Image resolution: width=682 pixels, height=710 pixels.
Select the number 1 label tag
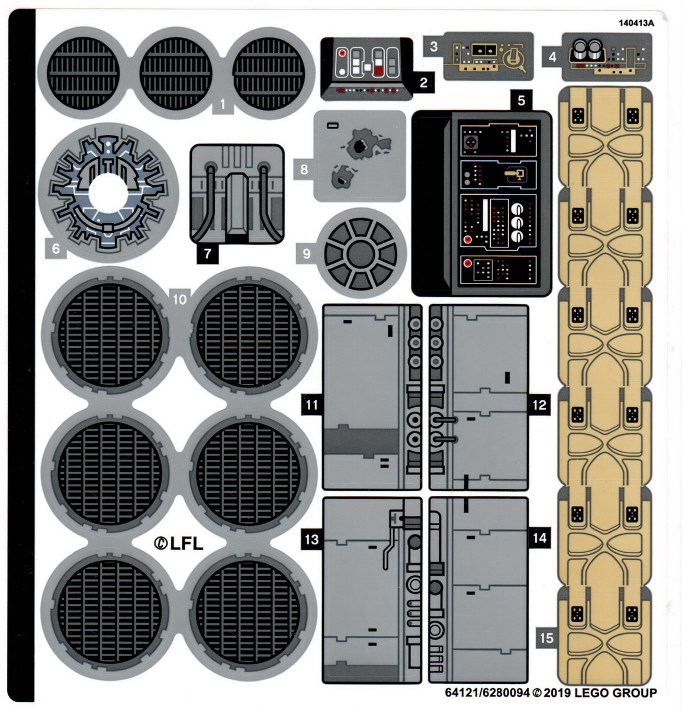222,105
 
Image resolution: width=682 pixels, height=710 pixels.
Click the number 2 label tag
423,82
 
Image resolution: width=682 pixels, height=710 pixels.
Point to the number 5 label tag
521,100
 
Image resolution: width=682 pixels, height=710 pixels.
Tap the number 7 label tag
207,254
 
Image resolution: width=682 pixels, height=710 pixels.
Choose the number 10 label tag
179,299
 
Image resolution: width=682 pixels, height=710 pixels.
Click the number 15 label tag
546,638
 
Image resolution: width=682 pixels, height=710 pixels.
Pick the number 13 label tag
311,539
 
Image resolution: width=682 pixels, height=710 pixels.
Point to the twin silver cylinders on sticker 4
586,49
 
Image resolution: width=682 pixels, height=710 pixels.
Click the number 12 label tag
539,405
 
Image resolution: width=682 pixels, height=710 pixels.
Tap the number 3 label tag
434,46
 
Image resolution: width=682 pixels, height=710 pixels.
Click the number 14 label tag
539,538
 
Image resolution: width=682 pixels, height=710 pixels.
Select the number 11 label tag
311,405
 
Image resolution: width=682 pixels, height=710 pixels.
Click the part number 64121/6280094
487,693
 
